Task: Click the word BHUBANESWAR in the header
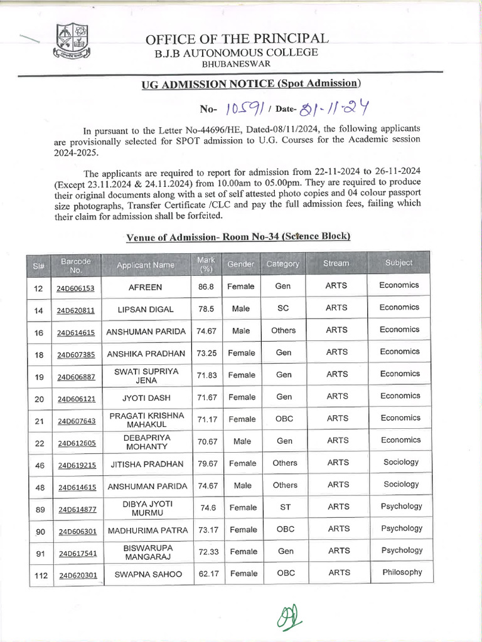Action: (237, 64)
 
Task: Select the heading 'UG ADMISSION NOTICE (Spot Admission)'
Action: (250, 83)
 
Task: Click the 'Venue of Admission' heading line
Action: (238, 237)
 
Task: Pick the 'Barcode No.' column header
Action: (76, 265)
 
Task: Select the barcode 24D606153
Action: (76, 288)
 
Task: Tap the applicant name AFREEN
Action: (145, 287)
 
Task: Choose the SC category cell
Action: (283, 308)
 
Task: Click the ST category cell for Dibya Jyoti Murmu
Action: (285, 507)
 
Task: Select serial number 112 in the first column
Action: (41, 574)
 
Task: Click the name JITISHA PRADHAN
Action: (146, 464)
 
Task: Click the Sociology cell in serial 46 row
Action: (401, 462)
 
